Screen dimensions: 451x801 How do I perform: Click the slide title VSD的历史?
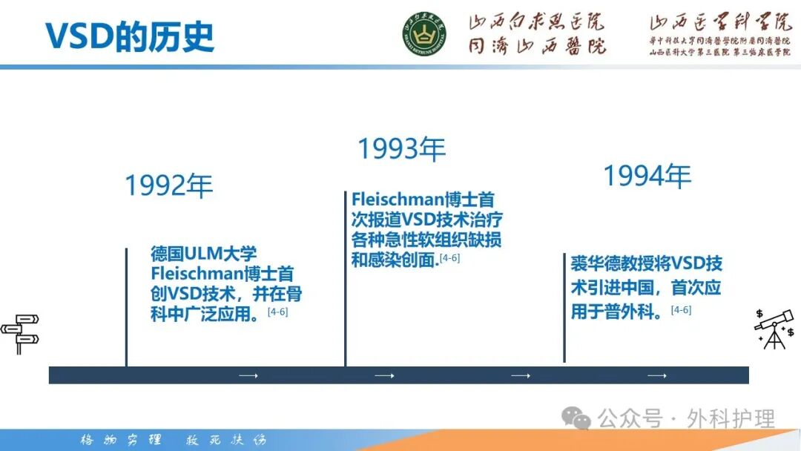[x=130, y=35]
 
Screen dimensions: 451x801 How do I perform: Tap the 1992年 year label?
[x=168, y=185]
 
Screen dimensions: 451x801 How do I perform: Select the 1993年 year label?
[x=401, y=149]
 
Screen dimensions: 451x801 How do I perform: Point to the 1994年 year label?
[x=646, y=176]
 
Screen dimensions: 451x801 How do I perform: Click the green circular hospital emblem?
[x=425, y=34]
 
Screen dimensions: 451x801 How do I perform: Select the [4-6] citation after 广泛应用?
[x=277, y=312]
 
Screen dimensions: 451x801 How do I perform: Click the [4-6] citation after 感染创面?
[x=449, y=257]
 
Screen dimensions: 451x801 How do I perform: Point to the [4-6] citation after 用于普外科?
[x=681, y=310]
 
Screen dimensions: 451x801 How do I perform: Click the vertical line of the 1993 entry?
[x=345, y=278]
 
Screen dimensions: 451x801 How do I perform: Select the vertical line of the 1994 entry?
[x=564, y=308]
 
